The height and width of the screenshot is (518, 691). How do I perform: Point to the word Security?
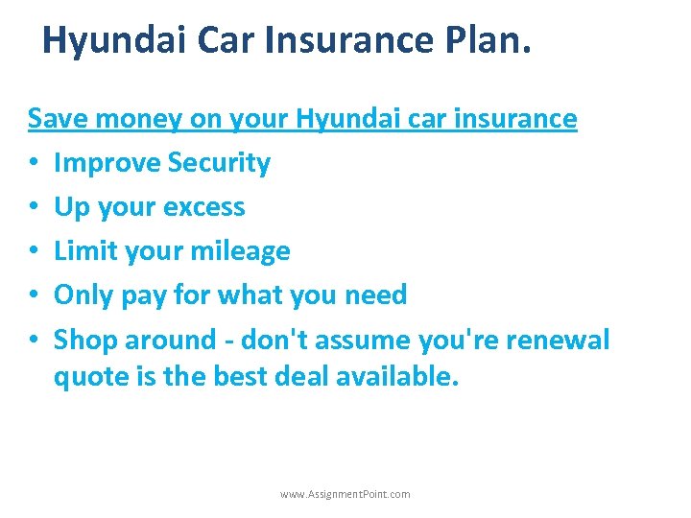click(x=219, y=163)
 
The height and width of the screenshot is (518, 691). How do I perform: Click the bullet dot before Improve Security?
click(x=33, y=164)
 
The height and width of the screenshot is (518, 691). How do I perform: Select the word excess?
click(x=204, y=207)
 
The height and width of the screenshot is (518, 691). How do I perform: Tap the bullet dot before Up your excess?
click(x=33, y=208)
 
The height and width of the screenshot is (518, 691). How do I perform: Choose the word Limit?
click(x=83, y=251)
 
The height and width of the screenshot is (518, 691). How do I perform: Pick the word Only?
click(x=80, y=295)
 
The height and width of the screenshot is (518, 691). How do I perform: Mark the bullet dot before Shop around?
click(x=33, y=341)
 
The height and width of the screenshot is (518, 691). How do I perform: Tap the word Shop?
click(x=83, y=340)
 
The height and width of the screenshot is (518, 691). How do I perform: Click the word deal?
click(x=302, y=377)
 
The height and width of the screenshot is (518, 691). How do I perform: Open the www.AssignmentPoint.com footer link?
click(x=345, y=494)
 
